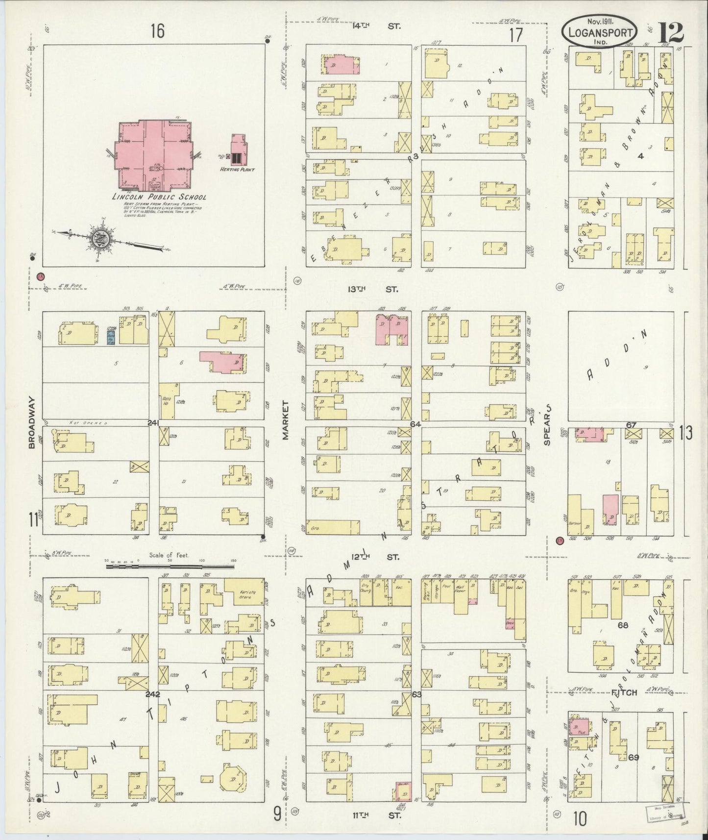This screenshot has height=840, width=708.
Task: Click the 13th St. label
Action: (373, 289)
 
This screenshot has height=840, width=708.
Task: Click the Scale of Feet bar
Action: (170, 566)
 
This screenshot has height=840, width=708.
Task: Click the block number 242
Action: (153, 693)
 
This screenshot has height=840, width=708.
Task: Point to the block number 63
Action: (416, 694)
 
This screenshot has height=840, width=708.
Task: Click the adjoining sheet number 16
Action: (157, 31)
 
